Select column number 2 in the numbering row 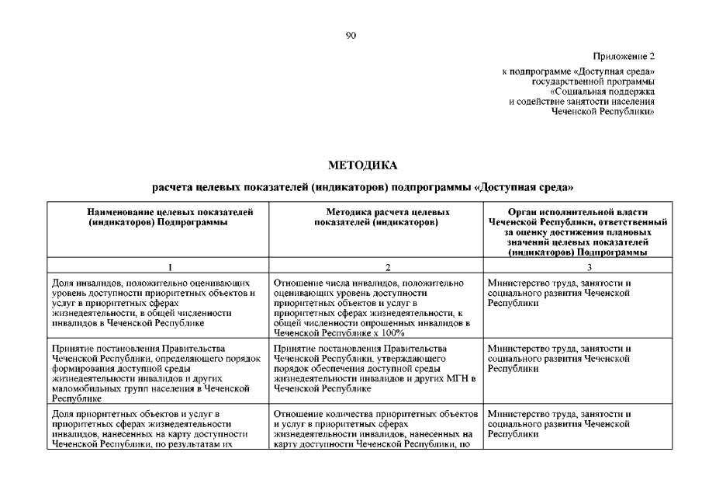375,266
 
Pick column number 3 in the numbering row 578,266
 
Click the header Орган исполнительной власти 578,211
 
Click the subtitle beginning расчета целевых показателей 363,188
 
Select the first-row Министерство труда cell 560,293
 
